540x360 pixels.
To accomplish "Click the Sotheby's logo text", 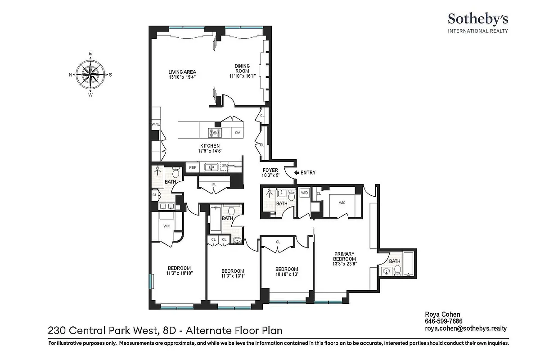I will (477, 19).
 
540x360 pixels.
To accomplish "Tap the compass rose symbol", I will (90, 74).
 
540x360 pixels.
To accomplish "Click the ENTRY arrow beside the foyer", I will (296, 172).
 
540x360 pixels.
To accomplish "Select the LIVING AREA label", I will (182, 72).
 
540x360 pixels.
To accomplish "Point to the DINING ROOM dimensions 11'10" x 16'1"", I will (242, 76).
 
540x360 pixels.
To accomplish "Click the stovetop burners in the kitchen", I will (215, 132).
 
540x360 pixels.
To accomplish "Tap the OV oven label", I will (237, 132).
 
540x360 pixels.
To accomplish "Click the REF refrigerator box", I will (192, 167).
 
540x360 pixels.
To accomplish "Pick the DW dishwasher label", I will (224, 166).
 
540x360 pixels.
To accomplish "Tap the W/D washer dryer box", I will (304, 192).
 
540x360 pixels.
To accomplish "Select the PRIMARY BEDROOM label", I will (345, 256).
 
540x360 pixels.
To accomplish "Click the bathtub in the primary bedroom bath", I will (409, 265).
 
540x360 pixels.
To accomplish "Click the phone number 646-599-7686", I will (444, 321).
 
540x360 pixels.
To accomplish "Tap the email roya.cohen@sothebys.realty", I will (466, 328).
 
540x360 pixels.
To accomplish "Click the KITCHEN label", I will (210, 146).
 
